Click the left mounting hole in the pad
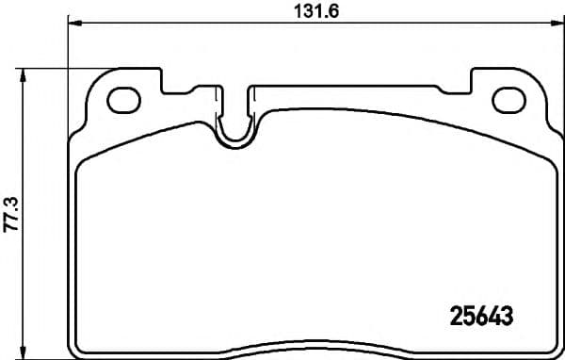[122, 98]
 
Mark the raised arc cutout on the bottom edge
[311, 345]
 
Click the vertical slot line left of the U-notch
[221, 104]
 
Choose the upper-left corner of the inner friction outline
[83, 162]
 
